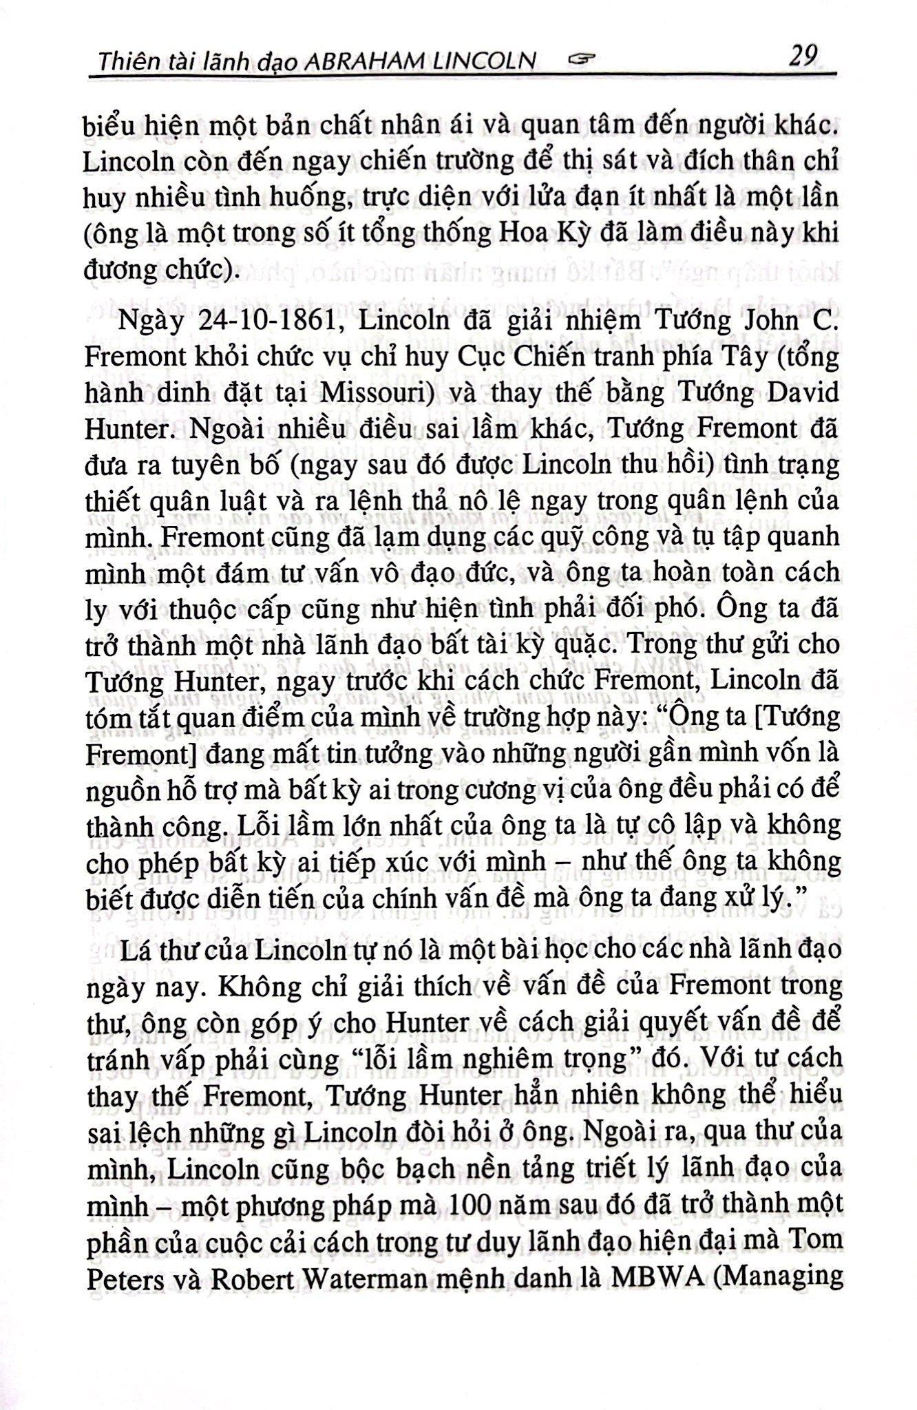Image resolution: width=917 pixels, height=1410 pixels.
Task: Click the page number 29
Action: pyautogui.click(x=803, y=55)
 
